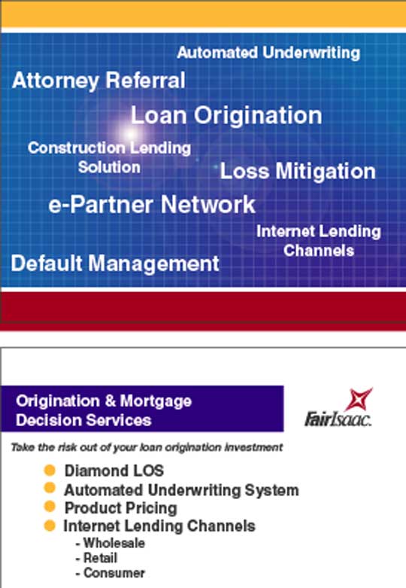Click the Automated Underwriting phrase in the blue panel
pyautogui.click(x=268, y=53)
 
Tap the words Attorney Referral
pyautogui.click(x=98, y=81)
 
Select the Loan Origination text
pyautogui.click(x=226, y=115)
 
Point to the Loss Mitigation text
pyautogui.click(x=298, y=172)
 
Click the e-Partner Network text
pyautogui.click(x=152, y=204)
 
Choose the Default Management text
pyautogui.click(x=115, y=263)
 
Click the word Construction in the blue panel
pyautogui.click(x=77, y=148)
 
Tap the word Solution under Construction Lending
pyautogui.click(x=109, y=167)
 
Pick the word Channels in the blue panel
pyautogui.click(x=319, y=251)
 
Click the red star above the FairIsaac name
pyautogui.click(x=359, y=399)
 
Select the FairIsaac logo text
pyautogui.click(x=338, y=419)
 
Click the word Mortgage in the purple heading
pyautogui.click(x=156, y=401)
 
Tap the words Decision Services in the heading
pyautogui.click(x=83, y=420)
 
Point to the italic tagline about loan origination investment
pyautogui.click(x=147, y=447)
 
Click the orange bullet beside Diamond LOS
pyautogui.click(x=50, y=471)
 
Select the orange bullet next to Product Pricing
pyautogui.click(x=50, y=507)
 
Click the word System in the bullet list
pyautogui.click(x=271, y=490)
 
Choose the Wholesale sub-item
pyautogui.click(x=111, y=543)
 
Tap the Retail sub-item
pyautogui.click(x=97, y=558)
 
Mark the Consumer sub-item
pyautogui.click(x=111, y=573)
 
